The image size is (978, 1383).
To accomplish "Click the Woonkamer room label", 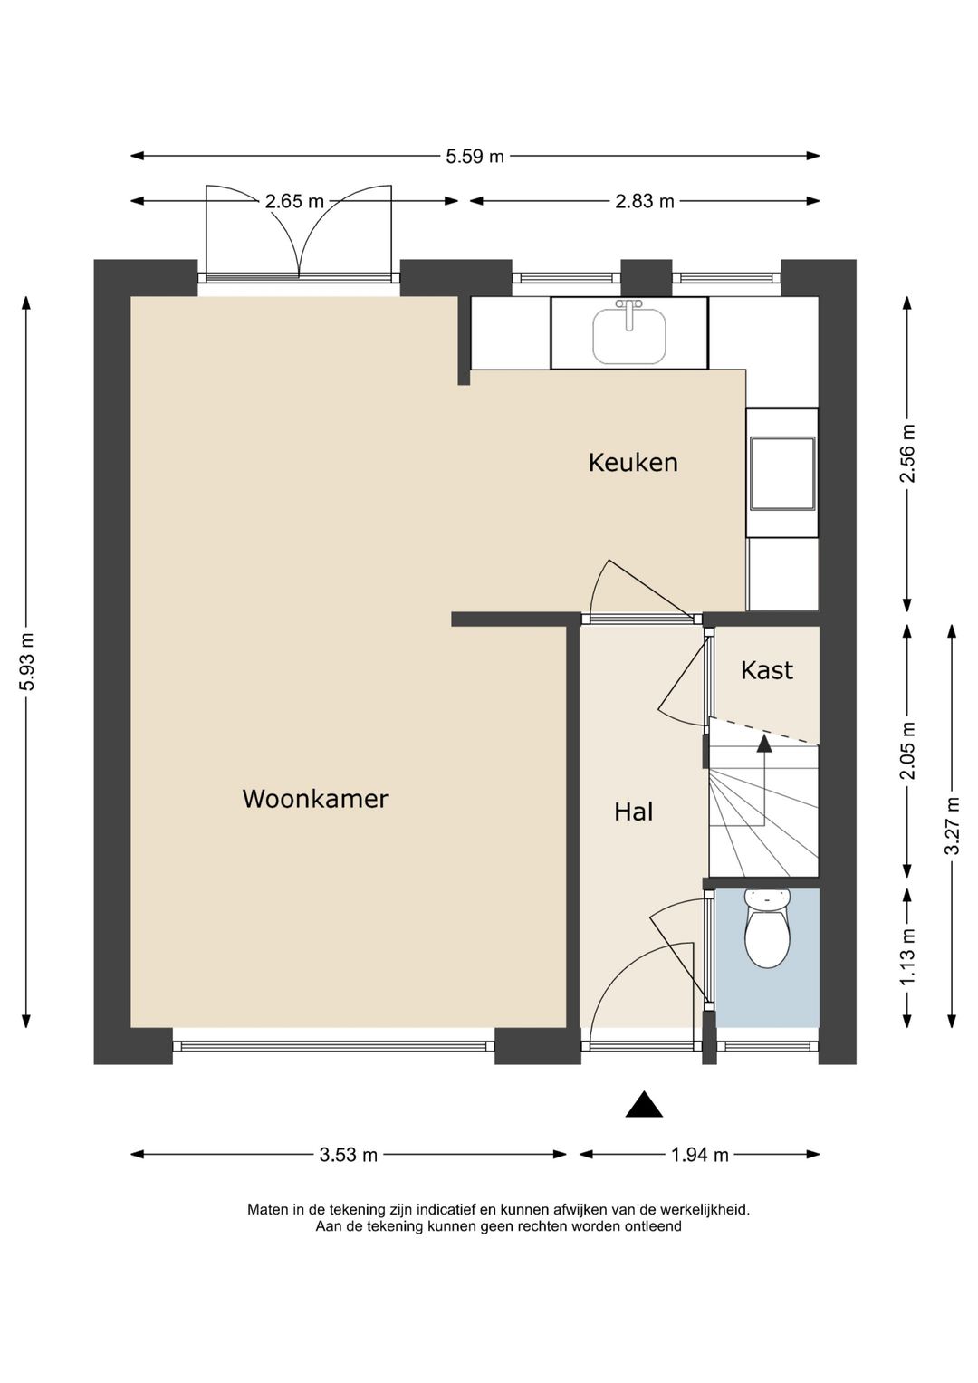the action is click(315, 799).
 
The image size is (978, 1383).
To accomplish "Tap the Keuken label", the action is click(633, 463).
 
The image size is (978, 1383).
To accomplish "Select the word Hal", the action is click(634, 812).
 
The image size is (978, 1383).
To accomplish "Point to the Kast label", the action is click(767, 670).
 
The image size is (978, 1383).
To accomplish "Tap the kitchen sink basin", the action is click(629, 336).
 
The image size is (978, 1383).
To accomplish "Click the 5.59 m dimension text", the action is click(475, 157).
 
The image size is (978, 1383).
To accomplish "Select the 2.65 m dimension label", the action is click(294, 201).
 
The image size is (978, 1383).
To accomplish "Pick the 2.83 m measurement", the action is click(645, 201).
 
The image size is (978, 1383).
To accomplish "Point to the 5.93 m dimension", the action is click(26, 661).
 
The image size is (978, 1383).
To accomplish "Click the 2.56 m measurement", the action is click(907, 454).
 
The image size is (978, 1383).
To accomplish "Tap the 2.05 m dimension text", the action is click(907, 751).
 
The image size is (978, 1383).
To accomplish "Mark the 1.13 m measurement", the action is click(907, 957).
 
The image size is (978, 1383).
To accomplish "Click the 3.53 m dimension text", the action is click(349, 1155).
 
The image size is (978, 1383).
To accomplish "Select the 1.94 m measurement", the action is click(699, 1155).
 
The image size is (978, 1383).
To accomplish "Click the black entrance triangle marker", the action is click(644, 1104).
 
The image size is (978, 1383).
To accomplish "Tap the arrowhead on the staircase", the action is click(764, 744).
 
